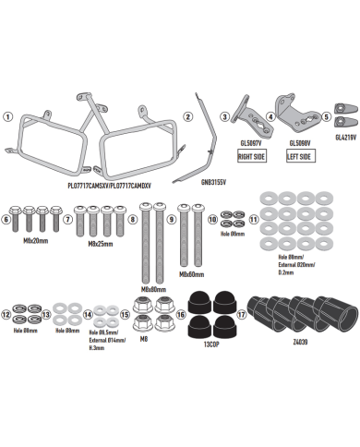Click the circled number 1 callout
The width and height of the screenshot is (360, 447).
click(x=8, y=117)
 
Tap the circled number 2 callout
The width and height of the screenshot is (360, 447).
click(x=188, y=117)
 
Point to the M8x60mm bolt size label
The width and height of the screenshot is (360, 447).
click(x=192, y=274)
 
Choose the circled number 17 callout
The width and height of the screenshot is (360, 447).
click(x=241, y=313)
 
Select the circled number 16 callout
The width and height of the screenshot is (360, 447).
click(x=181, y=314)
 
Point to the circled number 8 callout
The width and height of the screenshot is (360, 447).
click(x=133, y=220)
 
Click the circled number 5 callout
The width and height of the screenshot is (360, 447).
click(x=327, y=117)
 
